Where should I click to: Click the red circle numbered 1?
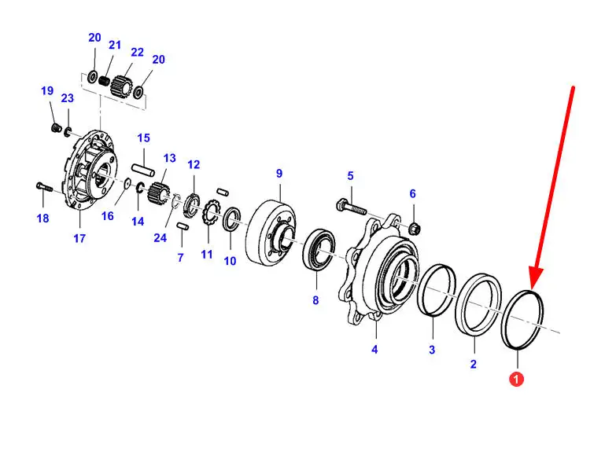coord(515,380)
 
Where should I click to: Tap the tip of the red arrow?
coord(534,285)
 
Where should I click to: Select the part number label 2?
coord(474,364)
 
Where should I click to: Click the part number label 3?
coord(432,349)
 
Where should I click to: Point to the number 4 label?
coord(374,349)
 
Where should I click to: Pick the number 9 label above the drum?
coord(279,173)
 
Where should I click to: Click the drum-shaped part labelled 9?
coord(267,233)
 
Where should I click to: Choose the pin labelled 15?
coord(144,169)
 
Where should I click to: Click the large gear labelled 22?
coord(122,83)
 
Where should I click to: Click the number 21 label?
coord(116,45)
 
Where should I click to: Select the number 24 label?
coord(161,239)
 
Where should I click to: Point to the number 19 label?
coord(47,91)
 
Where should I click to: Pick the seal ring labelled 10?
coord(233,221)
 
